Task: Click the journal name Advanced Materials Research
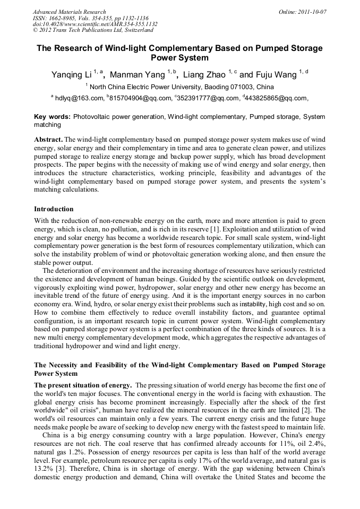69,12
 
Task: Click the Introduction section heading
54,209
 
